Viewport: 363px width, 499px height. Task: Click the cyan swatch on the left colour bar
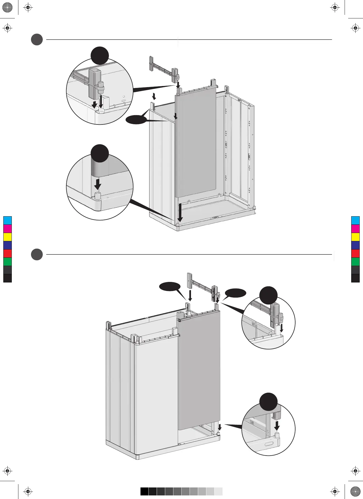[x=7, y=220]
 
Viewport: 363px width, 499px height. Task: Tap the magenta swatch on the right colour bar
[x=355, y=229]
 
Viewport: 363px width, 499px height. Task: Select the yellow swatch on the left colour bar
[x=7, y=237]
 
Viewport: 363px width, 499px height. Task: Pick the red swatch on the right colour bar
[x=355, y=253]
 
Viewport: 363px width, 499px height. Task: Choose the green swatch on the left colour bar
[x=7, y=262]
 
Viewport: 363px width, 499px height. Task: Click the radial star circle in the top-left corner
[x=7, y=7]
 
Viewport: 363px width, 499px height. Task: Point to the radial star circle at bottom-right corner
[x=355, y=491]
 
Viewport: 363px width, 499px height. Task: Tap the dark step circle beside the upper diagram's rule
[x=37, y=40]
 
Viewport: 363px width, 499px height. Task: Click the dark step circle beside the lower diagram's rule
[x=37, y=254]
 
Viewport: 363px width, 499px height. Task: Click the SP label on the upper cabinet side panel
[x=239, y=101]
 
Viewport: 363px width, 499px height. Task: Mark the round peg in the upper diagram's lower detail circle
[x=98, y=196]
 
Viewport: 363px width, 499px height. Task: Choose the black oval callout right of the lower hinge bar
[x=235, y=293]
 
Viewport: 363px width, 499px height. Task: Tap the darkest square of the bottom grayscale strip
[x=145, y=491]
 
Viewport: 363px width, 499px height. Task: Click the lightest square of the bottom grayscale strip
[x=218, y=491]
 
